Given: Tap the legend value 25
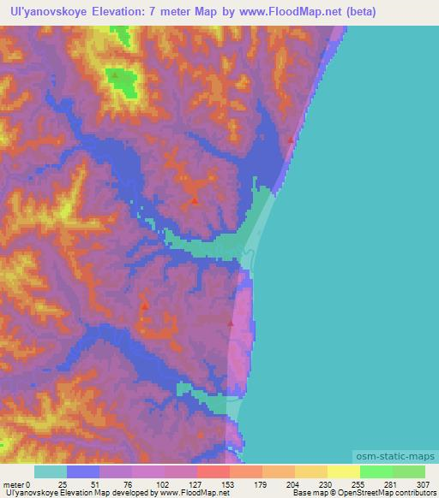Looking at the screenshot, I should pos(63,484).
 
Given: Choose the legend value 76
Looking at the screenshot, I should pos(129,484).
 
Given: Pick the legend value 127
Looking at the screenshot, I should pos(195,484).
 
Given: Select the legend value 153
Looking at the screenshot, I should pos(229,484).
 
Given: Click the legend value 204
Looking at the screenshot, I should pos(295,484).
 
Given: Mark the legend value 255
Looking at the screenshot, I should pos(361,484).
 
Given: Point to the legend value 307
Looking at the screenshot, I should pos(426,484).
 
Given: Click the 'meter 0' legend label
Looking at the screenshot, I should pos(17,484).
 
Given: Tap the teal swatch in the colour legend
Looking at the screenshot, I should pos(51,471).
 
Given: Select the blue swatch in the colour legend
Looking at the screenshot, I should pos(83,471).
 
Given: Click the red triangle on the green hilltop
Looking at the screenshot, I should pos(114,75).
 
